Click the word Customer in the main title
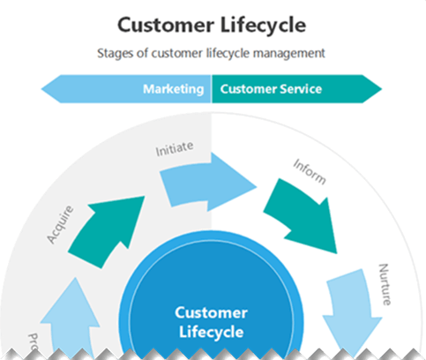[162, 24]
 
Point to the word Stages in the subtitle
[116, 53]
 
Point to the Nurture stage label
[384, 283]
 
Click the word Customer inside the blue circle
[212, 312]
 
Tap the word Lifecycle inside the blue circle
[212, 333]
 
